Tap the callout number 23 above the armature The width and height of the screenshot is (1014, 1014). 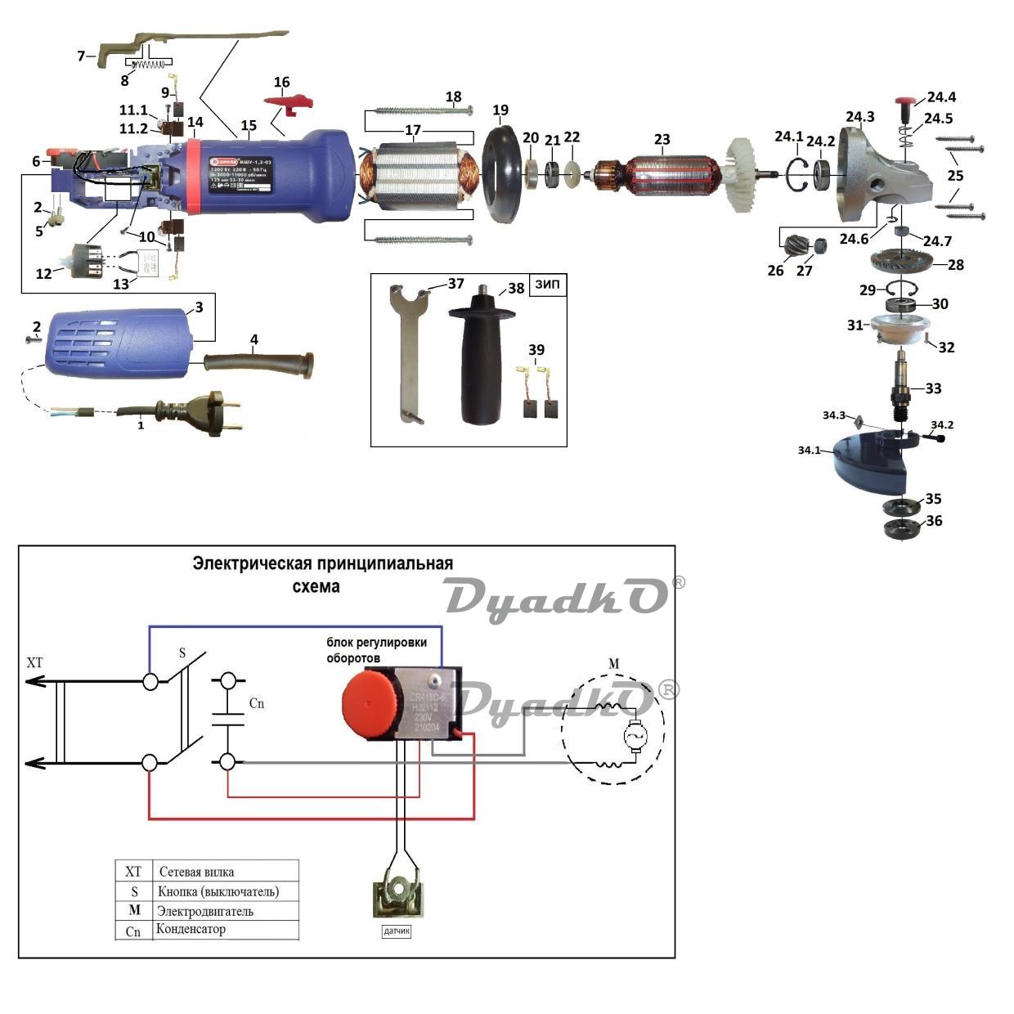[662, 140]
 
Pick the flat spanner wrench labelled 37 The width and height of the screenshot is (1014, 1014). [408, 352]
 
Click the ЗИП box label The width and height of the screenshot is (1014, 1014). [548, 285]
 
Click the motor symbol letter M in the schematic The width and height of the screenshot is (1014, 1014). [613, 663]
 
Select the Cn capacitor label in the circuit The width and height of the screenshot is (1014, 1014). [257, 703]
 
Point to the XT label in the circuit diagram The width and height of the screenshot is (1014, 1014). [34, 662]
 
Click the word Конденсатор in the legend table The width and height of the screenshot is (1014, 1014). [191, 929]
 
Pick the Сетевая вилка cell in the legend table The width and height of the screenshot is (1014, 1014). [197, 872]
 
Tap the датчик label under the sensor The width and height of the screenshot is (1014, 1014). [397, 931]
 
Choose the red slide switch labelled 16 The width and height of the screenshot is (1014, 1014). [290, 100]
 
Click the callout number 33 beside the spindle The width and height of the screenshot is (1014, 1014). [933, 388]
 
